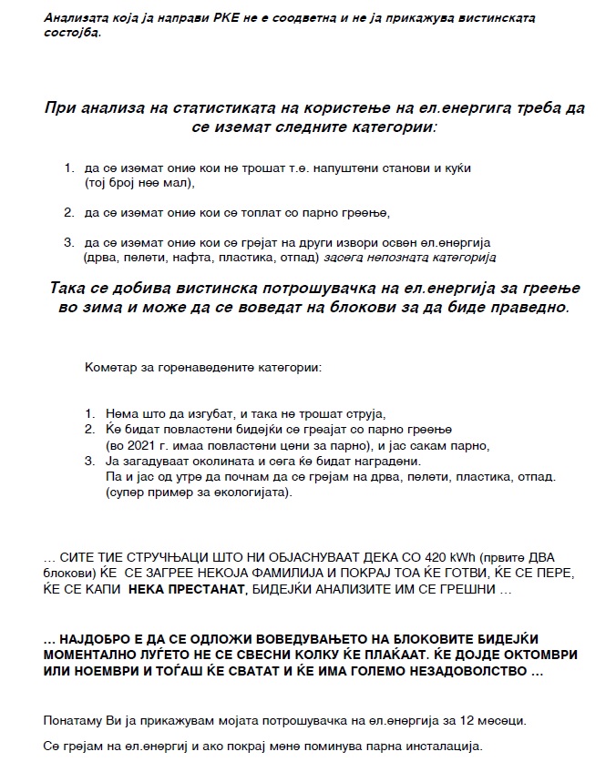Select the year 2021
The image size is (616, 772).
126,445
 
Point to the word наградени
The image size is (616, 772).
389,462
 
